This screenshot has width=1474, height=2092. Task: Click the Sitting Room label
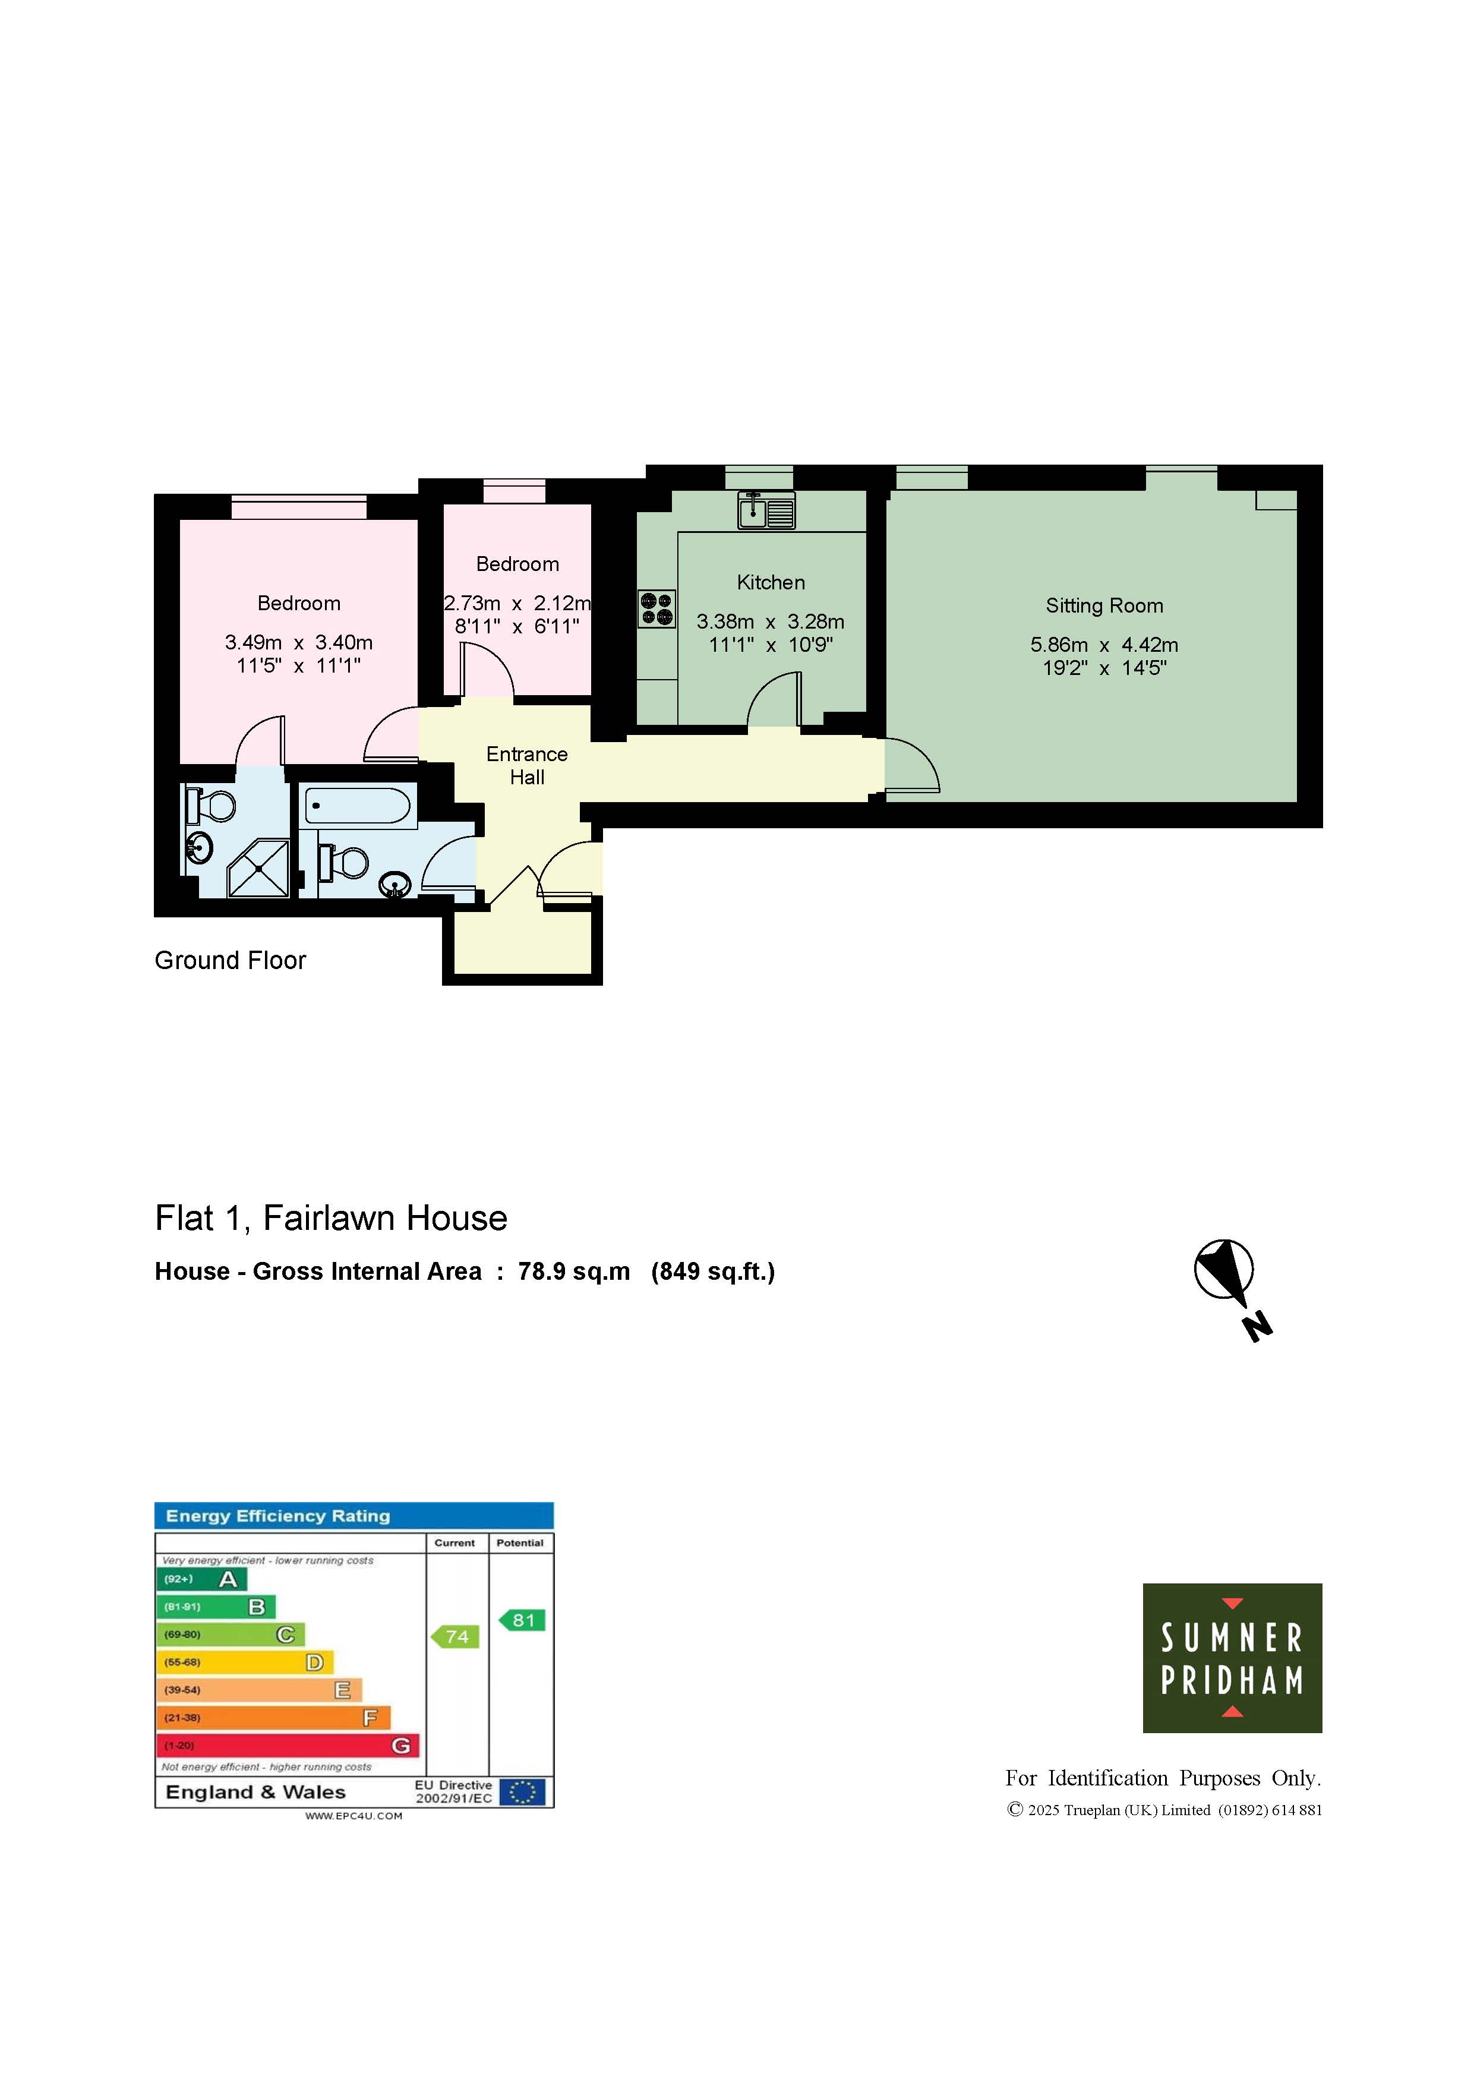click(x=1104, y=606)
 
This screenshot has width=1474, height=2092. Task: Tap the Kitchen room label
click(x=771, y=582)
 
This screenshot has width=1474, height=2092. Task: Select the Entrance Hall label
click(x=526, y=765)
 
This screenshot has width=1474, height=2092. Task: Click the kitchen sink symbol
click(x=766, y=510)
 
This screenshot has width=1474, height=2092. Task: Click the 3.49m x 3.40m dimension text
click(x=299, y=642)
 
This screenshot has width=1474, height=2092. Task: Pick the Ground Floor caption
click(x=231, y=960)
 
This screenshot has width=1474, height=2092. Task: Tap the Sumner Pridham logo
click(x=1232, y=1658)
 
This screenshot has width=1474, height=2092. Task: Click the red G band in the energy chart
click(x=288, y=1745)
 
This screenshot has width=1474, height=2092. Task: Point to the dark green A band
click(x=201, y=1579)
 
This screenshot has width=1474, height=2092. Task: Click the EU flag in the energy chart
click(x=522, y=1792)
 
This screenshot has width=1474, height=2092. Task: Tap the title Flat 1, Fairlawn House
click(x=331, y=1218)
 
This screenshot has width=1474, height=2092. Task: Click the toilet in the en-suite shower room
click(x=210, y=806)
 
